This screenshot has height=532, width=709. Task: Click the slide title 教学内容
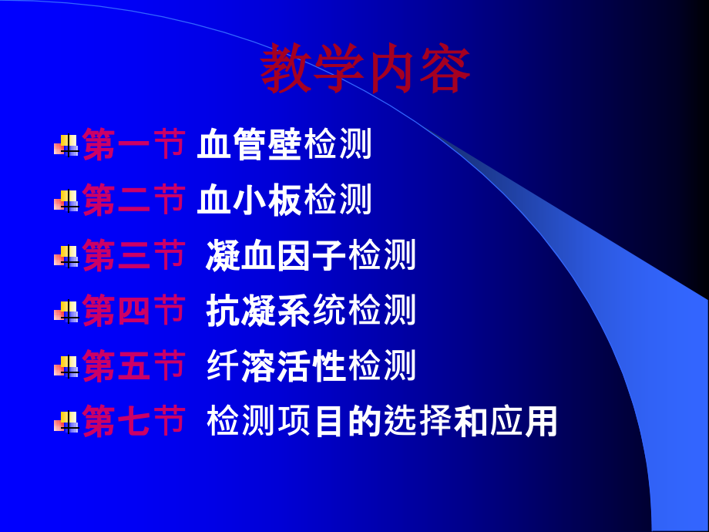(365, 70)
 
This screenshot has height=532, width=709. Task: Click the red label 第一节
(133, 145)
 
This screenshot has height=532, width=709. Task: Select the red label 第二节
(133, 200)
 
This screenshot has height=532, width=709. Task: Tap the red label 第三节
(133, 256)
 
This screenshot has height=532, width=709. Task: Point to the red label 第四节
(133, 311)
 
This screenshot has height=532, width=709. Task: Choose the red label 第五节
(133, 366)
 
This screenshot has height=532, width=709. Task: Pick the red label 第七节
(133, 422)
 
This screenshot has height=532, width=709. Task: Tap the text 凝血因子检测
(311, 256)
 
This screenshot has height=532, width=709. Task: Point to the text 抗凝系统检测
(311, 311)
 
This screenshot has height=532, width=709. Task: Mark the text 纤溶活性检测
(311, 366)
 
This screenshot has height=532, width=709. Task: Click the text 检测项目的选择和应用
(381, 422)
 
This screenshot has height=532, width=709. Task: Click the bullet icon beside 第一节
(66, 145)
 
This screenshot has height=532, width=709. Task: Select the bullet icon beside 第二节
(66, 201)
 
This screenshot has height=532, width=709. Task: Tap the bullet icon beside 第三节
(66, 257)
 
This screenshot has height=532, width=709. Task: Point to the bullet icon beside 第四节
(66, 311)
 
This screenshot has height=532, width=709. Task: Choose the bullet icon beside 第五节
(66, 367)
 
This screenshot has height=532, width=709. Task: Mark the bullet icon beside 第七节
(66, 423)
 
